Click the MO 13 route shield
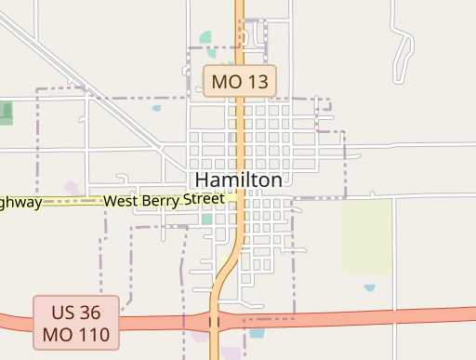click(x=240, y=81)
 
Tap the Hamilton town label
click(x=239, y=180)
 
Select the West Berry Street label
click(x=164, y=200)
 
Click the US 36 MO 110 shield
click(x=76, y=322)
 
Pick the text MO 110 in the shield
click(x=76, y=333)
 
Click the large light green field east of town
click(x=366, y=235)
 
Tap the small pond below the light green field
click(x=370, y=287)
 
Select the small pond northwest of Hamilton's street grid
click(x=156, y=108)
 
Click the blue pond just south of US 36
click(x=257, y=332)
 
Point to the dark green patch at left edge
click(x=7, y=113)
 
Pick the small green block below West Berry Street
click(x=206, y=220)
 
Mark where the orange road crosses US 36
click(x=215, y=322)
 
